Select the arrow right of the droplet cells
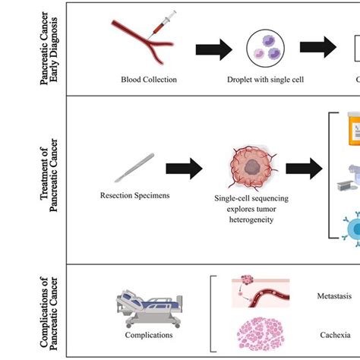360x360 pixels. (x=317, y=48)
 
